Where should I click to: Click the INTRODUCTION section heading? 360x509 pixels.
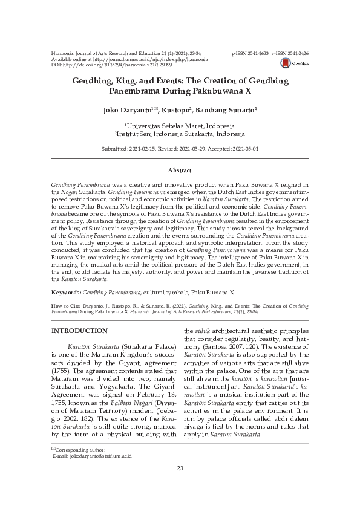point(79,331)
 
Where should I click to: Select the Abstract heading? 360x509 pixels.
point(180,171)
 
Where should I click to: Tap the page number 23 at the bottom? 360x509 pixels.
point(180,469)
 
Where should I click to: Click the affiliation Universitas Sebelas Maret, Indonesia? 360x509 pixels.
point(180,126)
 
